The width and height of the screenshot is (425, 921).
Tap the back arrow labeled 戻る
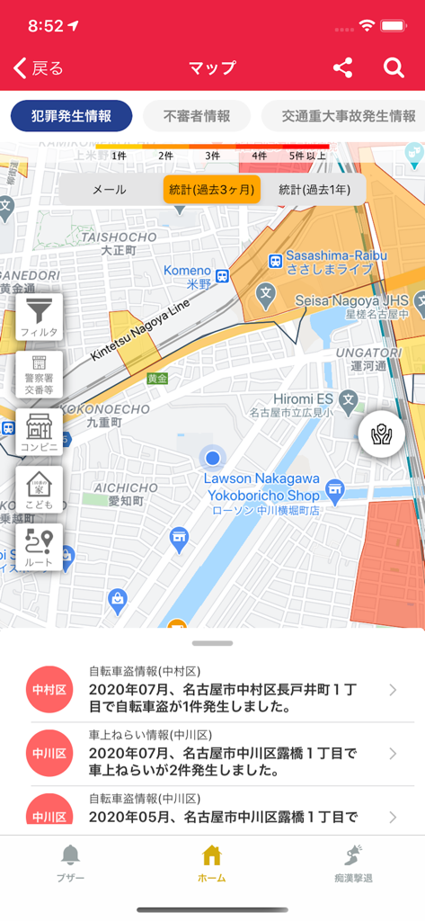coord(39,68)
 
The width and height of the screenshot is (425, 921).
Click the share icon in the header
coord(342,68)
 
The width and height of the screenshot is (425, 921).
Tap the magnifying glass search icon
coord(394,68)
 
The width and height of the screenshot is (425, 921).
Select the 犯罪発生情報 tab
coord(72,116)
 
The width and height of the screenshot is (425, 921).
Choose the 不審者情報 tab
coord(197,116)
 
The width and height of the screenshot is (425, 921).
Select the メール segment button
coord(110,190)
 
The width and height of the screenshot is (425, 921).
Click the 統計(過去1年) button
coord(314,190)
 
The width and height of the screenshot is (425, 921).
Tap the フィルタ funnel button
coord(40,317)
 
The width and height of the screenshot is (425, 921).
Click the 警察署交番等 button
coord(40,374)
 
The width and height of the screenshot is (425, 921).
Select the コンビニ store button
coord(40,432)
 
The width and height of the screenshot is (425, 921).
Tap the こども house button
coord(40,489)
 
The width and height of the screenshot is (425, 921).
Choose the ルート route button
coord(40,547)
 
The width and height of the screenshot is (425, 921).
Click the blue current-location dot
coord(212,459)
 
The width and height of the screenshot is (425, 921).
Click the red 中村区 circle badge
coord(49,690)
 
